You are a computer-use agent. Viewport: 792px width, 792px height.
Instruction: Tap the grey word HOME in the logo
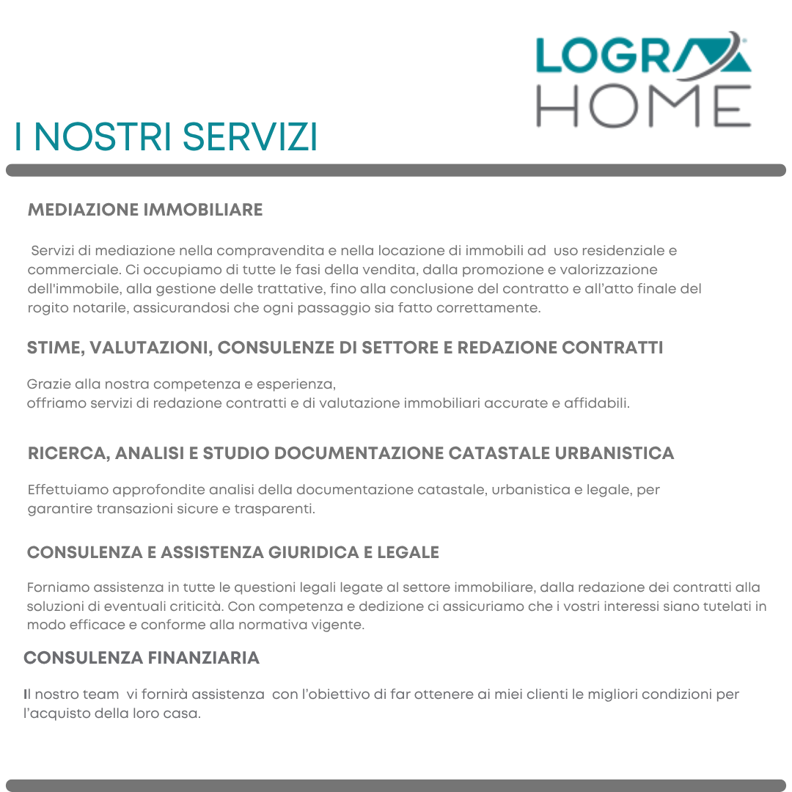click(x=643, y=106)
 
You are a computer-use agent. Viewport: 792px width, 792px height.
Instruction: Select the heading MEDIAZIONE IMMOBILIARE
click(x=145, y=210)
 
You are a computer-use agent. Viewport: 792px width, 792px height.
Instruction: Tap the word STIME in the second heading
click(x=54, y=348)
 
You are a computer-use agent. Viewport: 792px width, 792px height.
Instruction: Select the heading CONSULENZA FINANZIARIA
click(x=142, y=658)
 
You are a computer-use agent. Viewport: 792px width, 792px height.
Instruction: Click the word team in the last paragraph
click(x=103, y=694)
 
